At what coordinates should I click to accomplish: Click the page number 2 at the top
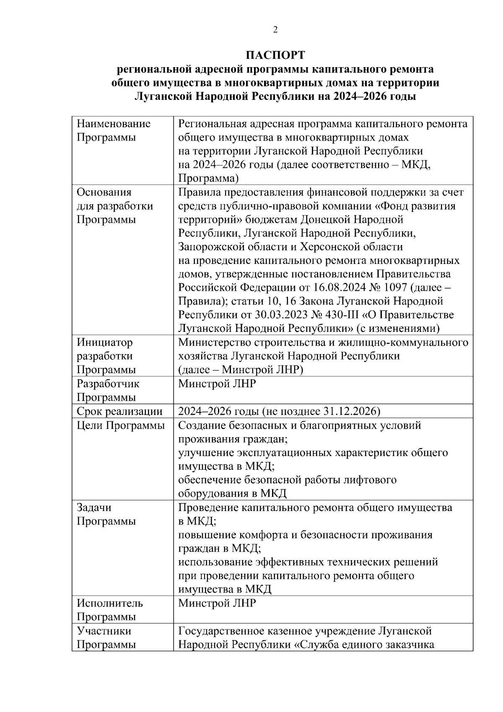(275, 30)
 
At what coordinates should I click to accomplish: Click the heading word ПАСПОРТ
(275, 55)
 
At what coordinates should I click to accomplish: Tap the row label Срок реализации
(119, 411)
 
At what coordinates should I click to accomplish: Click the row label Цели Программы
(121, 425)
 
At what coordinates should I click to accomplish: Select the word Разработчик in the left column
(108, 383)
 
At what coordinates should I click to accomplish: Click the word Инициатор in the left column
(104, 342)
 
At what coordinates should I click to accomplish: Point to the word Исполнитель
(110, 603)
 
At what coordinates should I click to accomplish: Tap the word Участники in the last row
(104, 631)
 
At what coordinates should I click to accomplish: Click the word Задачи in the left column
(94, 508)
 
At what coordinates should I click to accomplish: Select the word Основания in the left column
(104, 192)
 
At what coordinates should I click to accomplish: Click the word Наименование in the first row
(114, 124)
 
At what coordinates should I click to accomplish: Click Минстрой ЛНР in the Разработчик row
(217, 383)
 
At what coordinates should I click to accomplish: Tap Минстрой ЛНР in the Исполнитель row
(217, 603)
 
